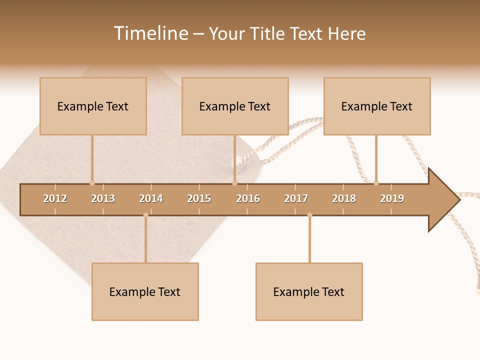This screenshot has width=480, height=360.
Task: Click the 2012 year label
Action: point(55,198)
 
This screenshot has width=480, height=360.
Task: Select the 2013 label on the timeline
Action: point(103,198)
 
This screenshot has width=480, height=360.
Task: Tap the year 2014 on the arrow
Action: point(151,198)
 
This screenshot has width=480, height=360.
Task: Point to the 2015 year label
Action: point(199,198)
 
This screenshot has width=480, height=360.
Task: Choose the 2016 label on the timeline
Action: point(248,198)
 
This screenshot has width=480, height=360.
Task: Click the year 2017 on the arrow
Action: point(296,198)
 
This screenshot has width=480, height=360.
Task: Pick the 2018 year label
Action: point(344,198)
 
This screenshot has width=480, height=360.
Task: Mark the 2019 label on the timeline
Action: point(392,198)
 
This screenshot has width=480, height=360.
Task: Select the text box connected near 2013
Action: point(93,106)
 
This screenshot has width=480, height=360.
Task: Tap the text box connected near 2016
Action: point(235,106)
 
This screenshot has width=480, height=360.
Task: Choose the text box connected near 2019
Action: point(377,106)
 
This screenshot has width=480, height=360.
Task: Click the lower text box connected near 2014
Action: point(145,291)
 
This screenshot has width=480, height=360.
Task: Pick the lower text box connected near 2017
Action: point(309,291)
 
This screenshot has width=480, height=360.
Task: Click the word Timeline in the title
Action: point(150,33)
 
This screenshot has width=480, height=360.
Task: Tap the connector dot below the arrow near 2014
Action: point(145,214)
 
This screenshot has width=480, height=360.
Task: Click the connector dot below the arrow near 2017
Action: point(309,214)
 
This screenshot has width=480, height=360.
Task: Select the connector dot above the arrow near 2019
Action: point(376,183)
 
